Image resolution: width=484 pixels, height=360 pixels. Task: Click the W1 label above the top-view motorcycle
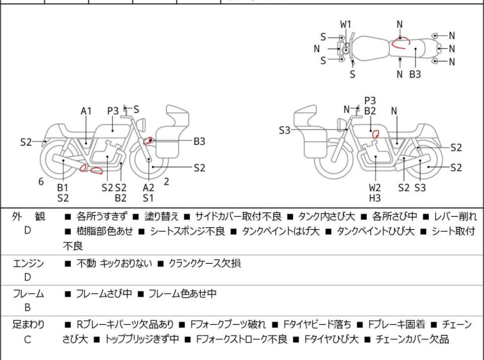click(346, 24)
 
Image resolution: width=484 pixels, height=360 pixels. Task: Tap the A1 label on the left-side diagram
click(87, 111)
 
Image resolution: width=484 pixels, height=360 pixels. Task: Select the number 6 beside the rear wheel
click(41, 182)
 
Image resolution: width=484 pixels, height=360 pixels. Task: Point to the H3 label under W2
click(375, 198)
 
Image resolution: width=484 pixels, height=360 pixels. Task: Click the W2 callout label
click(375, 187)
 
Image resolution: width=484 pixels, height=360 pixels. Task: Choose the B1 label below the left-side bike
click(63, 187)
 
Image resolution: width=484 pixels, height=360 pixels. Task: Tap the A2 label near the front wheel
click(148, 187)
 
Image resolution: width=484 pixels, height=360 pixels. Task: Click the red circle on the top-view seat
click(401, 44)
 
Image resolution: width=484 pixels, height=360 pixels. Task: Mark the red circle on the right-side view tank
click(376, 135)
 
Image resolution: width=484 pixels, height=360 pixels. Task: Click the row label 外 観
click(28, 217)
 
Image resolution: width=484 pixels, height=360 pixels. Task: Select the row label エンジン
click(28, 263)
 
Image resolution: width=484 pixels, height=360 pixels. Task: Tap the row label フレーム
click(28, 294)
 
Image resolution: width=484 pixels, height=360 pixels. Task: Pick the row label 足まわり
click(28, 325)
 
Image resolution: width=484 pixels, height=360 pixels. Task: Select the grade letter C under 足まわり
click(28, 339)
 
